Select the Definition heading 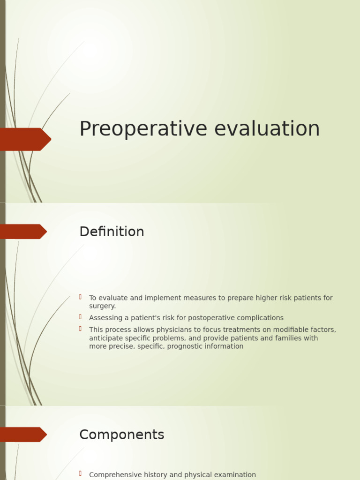tap(112, 232)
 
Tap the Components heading tap(121, 435)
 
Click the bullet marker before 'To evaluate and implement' tap(81, 297)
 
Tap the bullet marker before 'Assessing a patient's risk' tap(81, 317)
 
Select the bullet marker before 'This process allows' tap(81, 329)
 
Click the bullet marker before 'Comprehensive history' tap(81, 473)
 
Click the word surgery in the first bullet tap(102, 307)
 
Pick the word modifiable tap(291, 330)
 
